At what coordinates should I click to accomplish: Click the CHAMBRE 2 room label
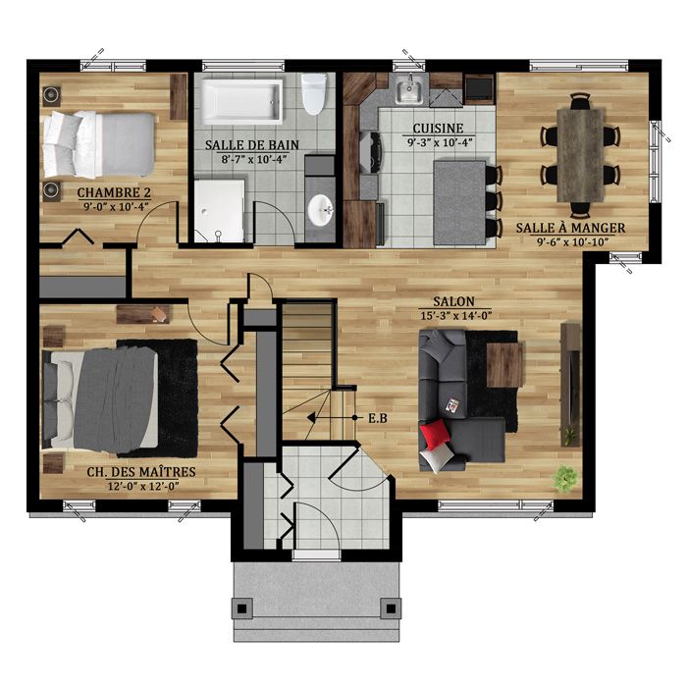click(113, 191)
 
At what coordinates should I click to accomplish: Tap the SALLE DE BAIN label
click(252, 145)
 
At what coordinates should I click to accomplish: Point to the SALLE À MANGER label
click(570, 228)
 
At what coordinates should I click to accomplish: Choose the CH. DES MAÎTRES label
click(141, 472)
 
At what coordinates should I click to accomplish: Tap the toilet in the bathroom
click(314, 94)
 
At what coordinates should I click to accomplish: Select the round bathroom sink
click(320, 209)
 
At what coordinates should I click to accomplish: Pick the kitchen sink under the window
click(408, 93)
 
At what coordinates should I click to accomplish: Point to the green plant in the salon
click(565, 478)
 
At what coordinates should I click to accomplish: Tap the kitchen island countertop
click(458, 203)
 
